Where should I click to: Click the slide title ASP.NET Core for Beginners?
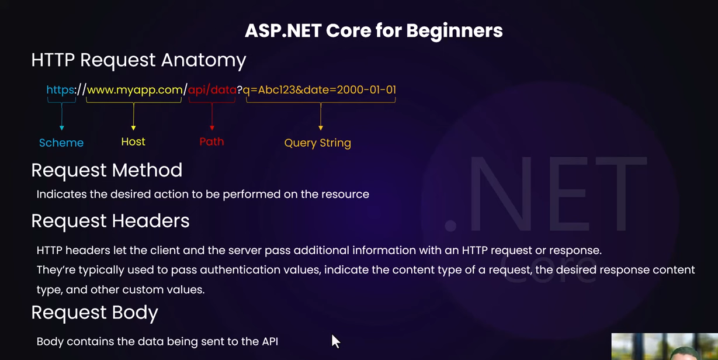coord(374,31)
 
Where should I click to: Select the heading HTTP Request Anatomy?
coord(138,60)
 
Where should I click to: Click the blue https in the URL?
coord(60,90)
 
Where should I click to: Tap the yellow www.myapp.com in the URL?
coord(134,90)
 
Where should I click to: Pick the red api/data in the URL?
coord(212,90)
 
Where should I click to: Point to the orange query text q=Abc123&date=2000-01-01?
coord(319,90)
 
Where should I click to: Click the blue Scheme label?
coord(61,143)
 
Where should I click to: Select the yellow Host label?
coord(133,141)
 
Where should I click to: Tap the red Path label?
coord(211,141)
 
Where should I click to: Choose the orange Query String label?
coord(318,143)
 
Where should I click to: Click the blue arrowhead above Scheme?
coord(62,128)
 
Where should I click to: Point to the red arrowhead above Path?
coord(212,128)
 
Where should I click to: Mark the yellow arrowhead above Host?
coord(133,128)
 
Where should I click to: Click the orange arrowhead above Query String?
coord(321,128)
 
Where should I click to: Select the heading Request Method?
coord(107,170)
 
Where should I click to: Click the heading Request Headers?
coord(110,221)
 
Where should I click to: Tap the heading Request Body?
coord(95,313)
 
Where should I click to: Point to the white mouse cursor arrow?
coord(335,341)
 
